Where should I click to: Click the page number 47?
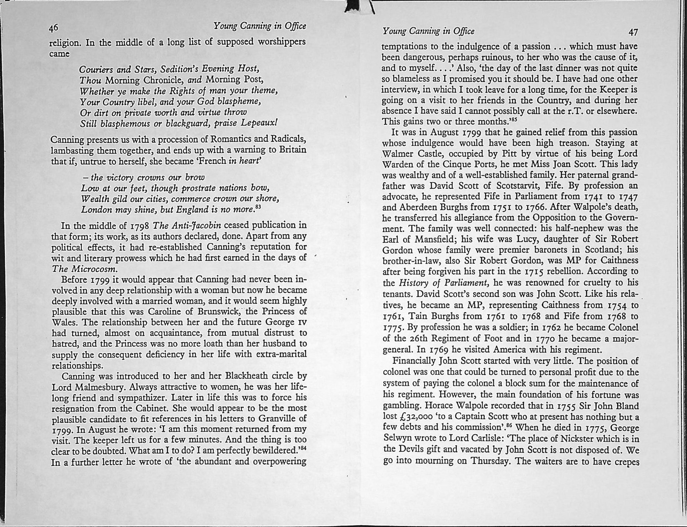(x=633, y=32)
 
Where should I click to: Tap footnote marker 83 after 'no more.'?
(x=258, y=207)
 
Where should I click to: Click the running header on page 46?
(x=260, y=26)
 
